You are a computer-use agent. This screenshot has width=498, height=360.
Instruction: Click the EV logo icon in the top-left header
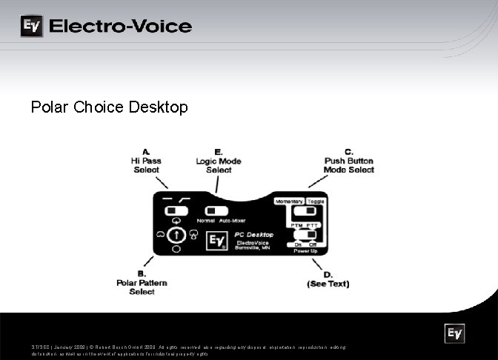tap(31, 27)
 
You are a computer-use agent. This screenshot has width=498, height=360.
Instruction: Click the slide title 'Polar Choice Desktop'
tap(110, 107)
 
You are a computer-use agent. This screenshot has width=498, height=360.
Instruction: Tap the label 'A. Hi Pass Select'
tap(146, 161)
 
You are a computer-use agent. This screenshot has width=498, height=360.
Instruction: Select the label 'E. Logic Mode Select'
tap(219, 161)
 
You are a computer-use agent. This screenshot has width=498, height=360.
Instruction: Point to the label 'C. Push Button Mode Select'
tap(349, 161)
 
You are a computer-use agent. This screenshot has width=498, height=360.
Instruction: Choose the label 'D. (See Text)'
tap(328, 279)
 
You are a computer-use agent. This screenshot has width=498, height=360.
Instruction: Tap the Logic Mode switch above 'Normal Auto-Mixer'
tap(217, 210)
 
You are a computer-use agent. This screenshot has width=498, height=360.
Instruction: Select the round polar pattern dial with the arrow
tap(176, 236)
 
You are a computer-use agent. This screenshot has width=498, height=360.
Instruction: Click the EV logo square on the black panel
tap(217, 241)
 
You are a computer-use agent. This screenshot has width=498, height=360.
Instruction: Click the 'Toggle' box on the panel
tap(316, 201)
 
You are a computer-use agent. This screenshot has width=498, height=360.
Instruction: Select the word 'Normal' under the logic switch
tap(206, 221)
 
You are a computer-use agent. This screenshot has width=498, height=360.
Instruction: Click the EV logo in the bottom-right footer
tap(454, 334)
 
